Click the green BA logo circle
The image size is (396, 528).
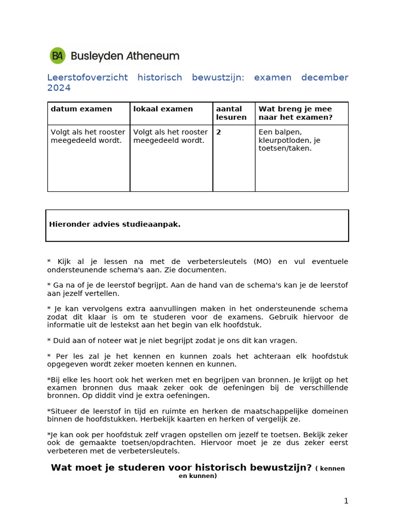57,56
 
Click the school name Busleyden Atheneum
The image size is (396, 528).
125,56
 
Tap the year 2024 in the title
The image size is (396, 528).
59,88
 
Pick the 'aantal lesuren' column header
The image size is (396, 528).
231,113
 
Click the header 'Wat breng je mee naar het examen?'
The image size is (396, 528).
295,113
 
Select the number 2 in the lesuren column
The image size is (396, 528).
219,133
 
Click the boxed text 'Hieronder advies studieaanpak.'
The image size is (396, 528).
114,224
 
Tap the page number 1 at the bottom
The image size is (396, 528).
346,501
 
